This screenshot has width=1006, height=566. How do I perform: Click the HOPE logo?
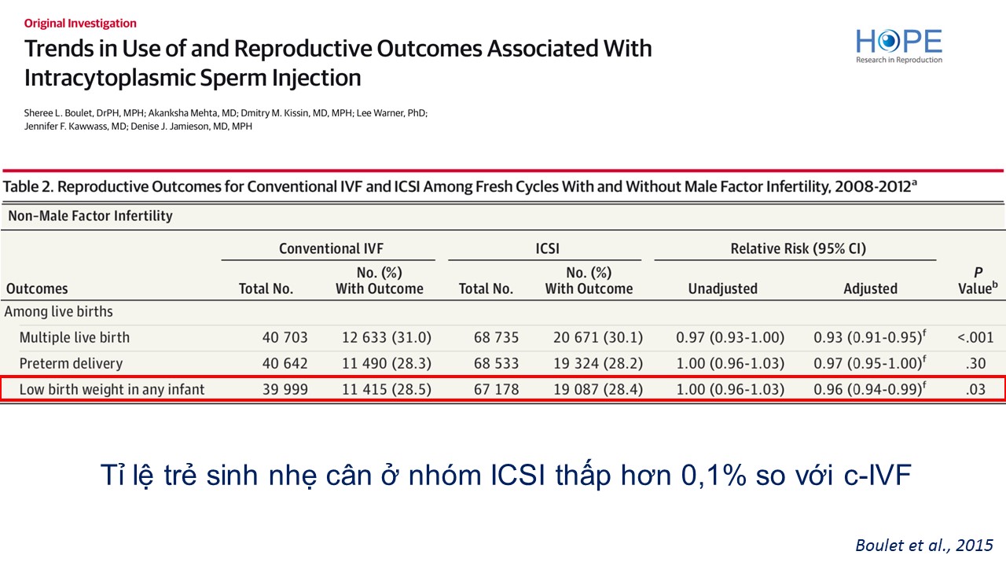898,45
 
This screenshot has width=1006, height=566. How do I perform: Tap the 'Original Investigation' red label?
80,24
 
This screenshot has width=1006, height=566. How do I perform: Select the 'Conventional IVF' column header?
331,248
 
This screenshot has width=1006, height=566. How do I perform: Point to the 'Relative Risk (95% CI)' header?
798,248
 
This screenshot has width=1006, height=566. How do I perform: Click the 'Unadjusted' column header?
722,289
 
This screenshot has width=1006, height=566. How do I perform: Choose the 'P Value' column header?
977,280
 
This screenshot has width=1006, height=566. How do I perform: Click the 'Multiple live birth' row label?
75,337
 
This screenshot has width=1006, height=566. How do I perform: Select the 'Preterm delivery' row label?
71,363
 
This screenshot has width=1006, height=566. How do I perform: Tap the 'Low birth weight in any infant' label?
112,389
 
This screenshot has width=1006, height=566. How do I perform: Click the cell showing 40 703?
285,337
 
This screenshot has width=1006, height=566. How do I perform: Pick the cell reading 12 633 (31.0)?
387,337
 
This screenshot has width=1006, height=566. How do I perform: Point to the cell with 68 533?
497,363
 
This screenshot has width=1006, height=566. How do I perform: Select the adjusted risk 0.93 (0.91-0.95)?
867,337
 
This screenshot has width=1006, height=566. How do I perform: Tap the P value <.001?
975,337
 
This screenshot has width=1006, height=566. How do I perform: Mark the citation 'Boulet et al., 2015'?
923,545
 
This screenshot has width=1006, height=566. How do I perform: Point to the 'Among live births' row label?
59,311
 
